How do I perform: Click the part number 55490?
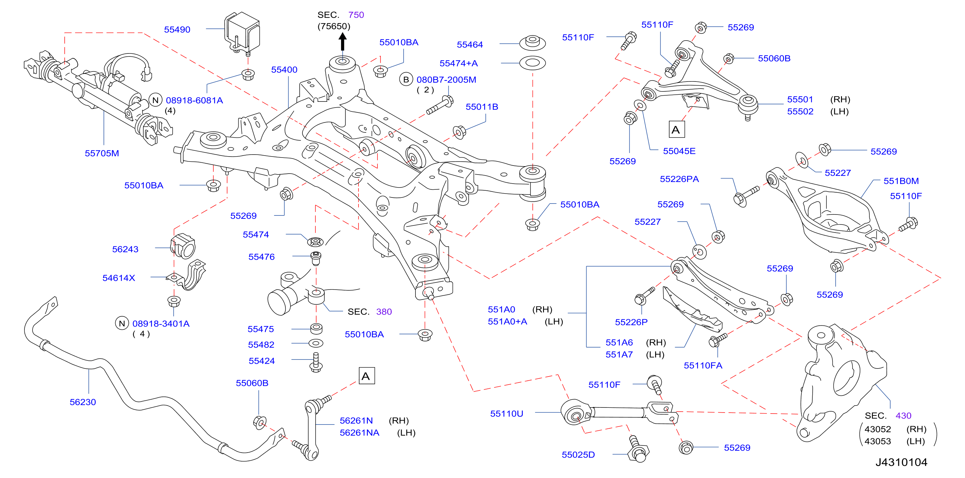click(x=177, y=30)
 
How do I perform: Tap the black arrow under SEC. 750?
click(x=342, y=42)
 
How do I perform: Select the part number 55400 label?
click(x=284, y=70)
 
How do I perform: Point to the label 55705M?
click(x=102, y=153)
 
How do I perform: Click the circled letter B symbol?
click(x=406, y=80)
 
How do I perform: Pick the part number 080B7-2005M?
click(x=446, y=80)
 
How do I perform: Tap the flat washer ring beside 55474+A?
click(x=532, y=62)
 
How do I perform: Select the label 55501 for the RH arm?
click(x=800, y=99)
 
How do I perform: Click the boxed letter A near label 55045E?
click(x=676, y=129)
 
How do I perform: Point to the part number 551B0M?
click(x=901, y=181)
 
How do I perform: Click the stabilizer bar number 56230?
click(x=83, y=402)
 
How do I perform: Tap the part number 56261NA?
click(x=359, y=433)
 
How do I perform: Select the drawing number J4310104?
click(x=901, y=462)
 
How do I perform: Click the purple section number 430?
click(x=903, y=416)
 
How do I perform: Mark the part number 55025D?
click(x=578, y=455)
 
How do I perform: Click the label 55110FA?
click(x=703, y=366)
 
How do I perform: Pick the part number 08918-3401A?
click(x=161, y=324)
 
